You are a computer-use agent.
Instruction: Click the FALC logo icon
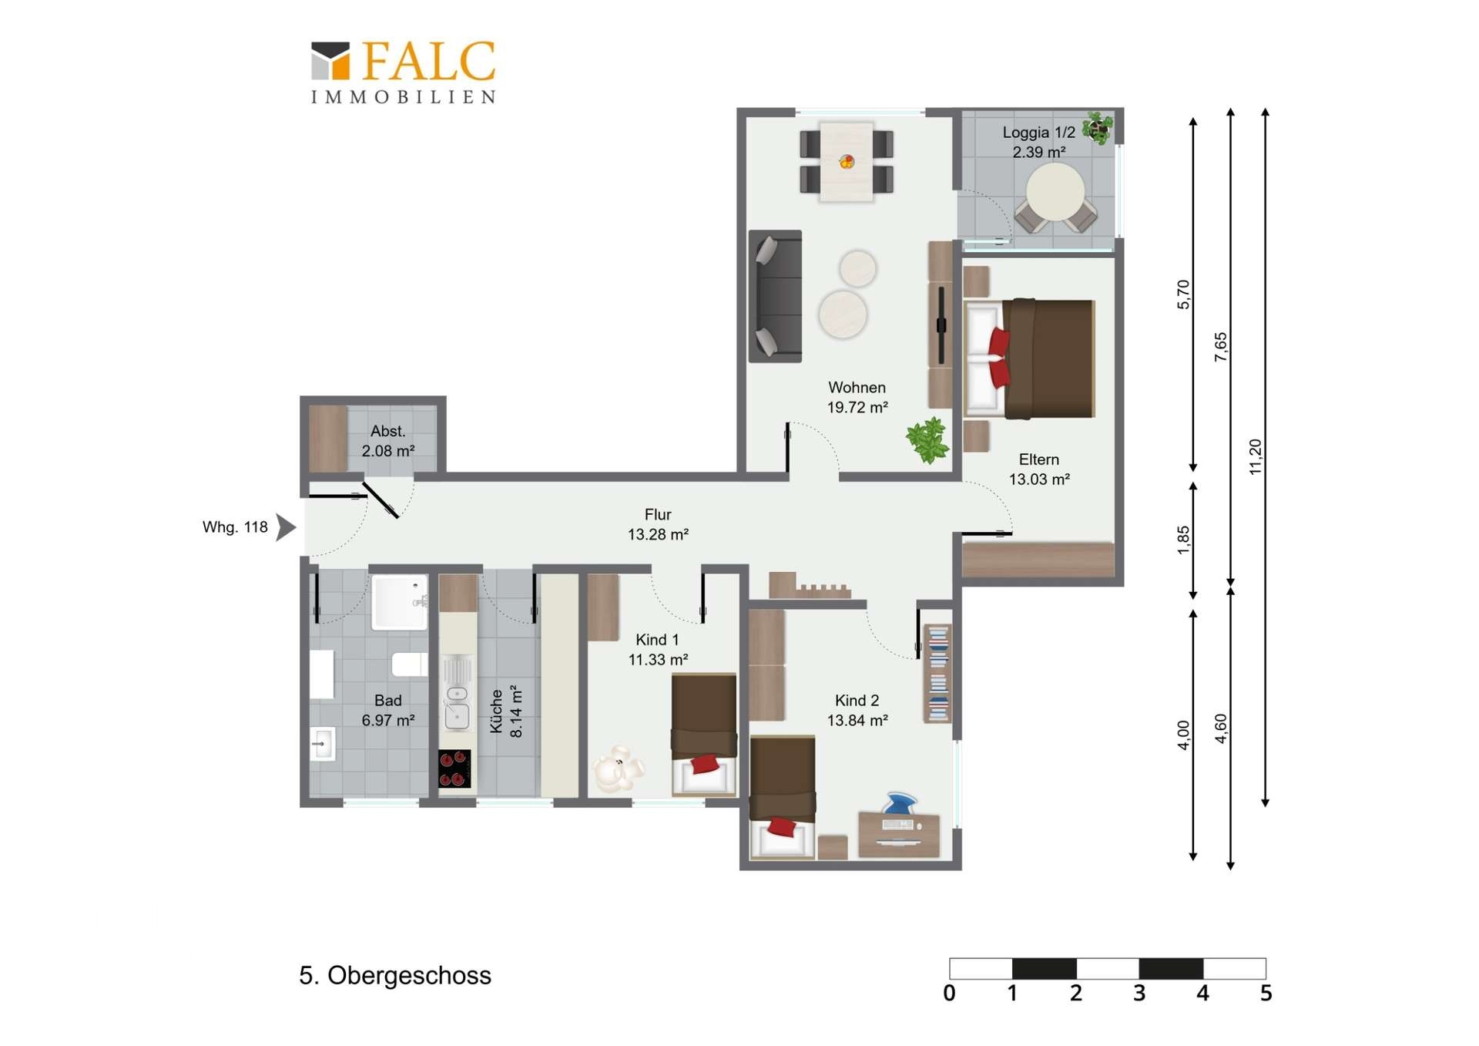(330, 61)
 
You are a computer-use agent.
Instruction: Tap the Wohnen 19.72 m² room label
(857, 397)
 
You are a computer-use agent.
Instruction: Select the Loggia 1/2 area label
(1038, 142)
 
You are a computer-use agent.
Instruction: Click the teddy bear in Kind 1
(618, 769)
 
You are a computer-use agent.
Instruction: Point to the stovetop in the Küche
(454, 769)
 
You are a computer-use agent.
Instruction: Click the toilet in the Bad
(409, 664)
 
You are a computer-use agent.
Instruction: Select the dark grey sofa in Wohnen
(775, 296)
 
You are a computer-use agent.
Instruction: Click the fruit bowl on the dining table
(847, 161)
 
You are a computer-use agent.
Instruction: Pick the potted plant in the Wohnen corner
(927, 440)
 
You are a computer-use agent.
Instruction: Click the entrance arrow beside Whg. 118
(286, 527)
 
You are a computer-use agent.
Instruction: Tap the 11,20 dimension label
(1255, 456)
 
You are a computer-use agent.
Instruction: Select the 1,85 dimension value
(1183, 540)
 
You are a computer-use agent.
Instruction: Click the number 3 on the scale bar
(1139, 993)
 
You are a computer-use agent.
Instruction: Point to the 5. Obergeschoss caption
(395, 976)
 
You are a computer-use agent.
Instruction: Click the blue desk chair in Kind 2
(900, 803)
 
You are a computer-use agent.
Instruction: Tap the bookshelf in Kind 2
(937, 673)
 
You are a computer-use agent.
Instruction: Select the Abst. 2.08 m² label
(388, 441)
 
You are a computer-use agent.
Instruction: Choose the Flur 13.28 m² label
(658, 524)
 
